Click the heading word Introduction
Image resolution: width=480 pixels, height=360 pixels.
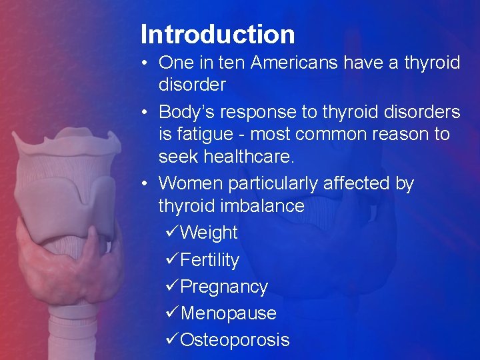click(x=217, y=34)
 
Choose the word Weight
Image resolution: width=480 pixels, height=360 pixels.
click(x=209, y=233)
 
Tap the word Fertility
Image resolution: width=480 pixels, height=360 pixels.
click(x=209, y=260)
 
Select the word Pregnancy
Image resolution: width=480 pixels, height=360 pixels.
click(x=224, y=287)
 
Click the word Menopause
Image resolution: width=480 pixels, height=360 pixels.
click(x=228, y=313)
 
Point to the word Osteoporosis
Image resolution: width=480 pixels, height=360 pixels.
click(x=235, y=340)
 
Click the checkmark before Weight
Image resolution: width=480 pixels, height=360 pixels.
click(x=171, y=233)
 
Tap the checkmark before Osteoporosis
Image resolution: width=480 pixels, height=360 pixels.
click(x=171, y=340)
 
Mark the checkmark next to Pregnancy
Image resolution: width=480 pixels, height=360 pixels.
click(x=171, y=287)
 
